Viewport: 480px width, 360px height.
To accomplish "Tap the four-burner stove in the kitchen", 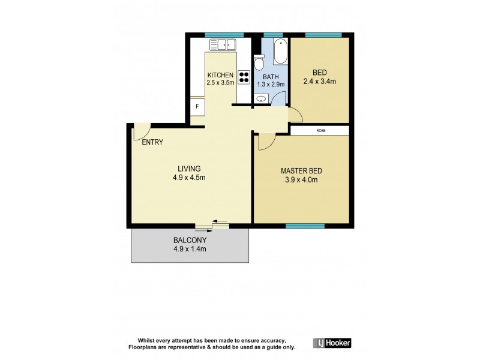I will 244,77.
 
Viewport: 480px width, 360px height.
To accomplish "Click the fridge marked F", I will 197,107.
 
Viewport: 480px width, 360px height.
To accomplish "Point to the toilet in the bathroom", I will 259,62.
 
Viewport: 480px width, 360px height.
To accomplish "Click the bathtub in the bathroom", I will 280,52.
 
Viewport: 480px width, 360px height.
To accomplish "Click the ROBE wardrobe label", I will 319,130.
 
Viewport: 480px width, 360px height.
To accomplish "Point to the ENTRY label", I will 152,142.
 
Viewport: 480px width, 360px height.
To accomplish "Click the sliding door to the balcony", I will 212,226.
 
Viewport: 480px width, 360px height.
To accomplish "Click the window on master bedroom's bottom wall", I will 305,226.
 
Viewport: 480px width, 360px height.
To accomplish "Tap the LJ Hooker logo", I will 332,343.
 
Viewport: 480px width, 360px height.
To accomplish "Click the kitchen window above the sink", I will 224,35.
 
